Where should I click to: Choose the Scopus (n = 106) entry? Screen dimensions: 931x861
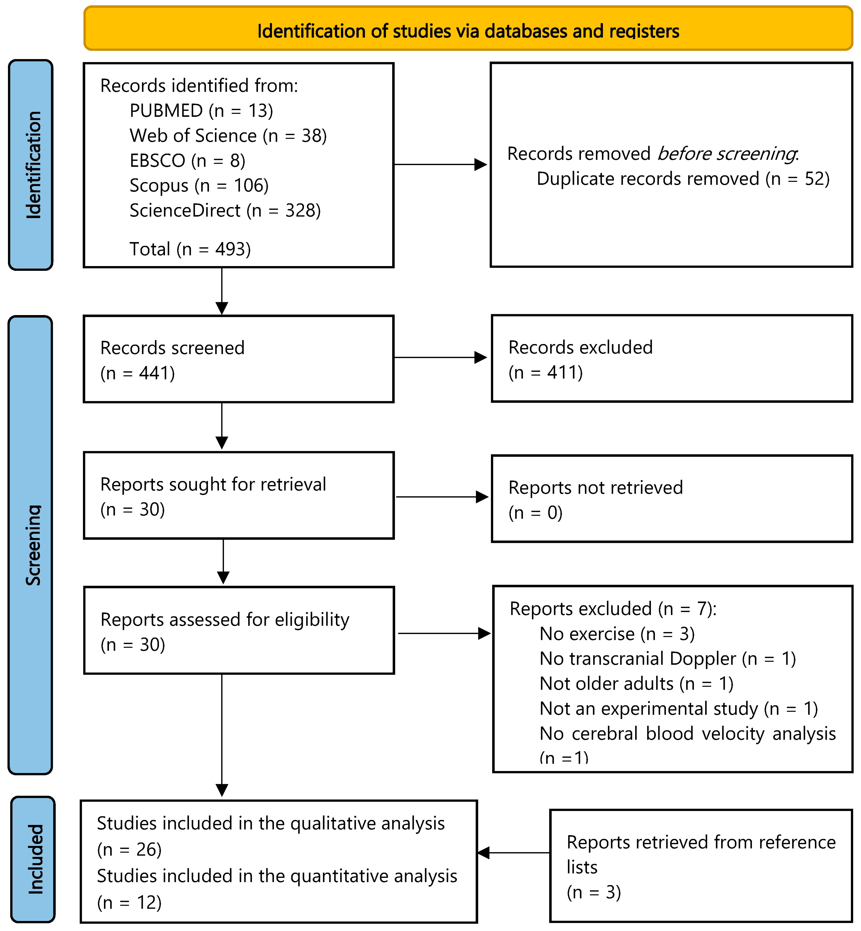click(199, 186)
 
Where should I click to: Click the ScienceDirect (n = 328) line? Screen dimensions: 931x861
click(225, 211)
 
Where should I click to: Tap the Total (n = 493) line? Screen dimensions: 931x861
click(190, 249)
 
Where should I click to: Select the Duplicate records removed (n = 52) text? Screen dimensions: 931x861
click(683, 179)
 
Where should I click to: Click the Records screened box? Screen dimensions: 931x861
click(239, 359)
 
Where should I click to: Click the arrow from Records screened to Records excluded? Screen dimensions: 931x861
click(440, 357)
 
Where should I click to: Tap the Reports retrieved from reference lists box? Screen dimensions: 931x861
click(701, 866)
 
